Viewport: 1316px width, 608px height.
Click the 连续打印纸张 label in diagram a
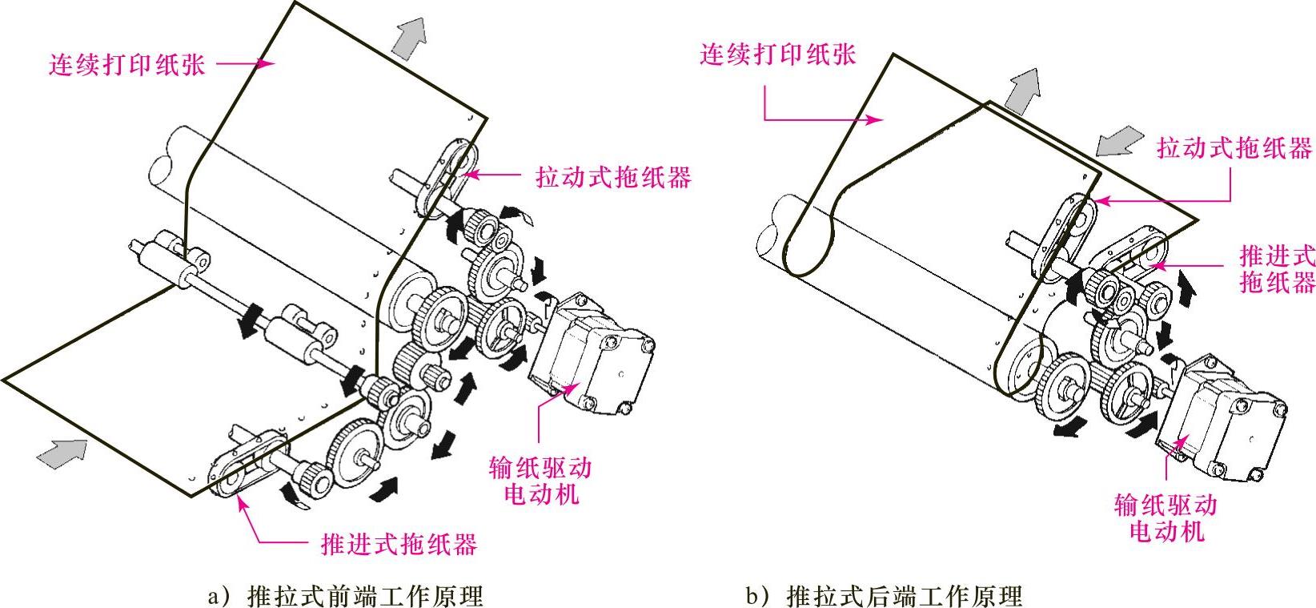point(127,64)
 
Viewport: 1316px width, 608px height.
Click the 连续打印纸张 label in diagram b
point(777,54)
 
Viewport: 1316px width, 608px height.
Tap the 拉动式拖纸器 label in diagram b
point(1234,148)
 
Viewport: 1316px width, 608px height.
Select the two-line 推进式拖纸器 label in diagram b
point(1277,269)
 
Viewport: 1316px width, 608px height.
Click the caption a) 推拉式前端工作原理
point(345,596)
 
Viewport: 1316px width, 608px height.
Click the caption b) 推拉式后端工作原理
point(884,596)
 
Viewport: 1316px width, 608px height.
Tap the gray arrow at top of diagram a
point(408,38)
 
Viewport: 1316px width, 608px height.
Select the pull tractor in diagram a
point(448,172)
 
